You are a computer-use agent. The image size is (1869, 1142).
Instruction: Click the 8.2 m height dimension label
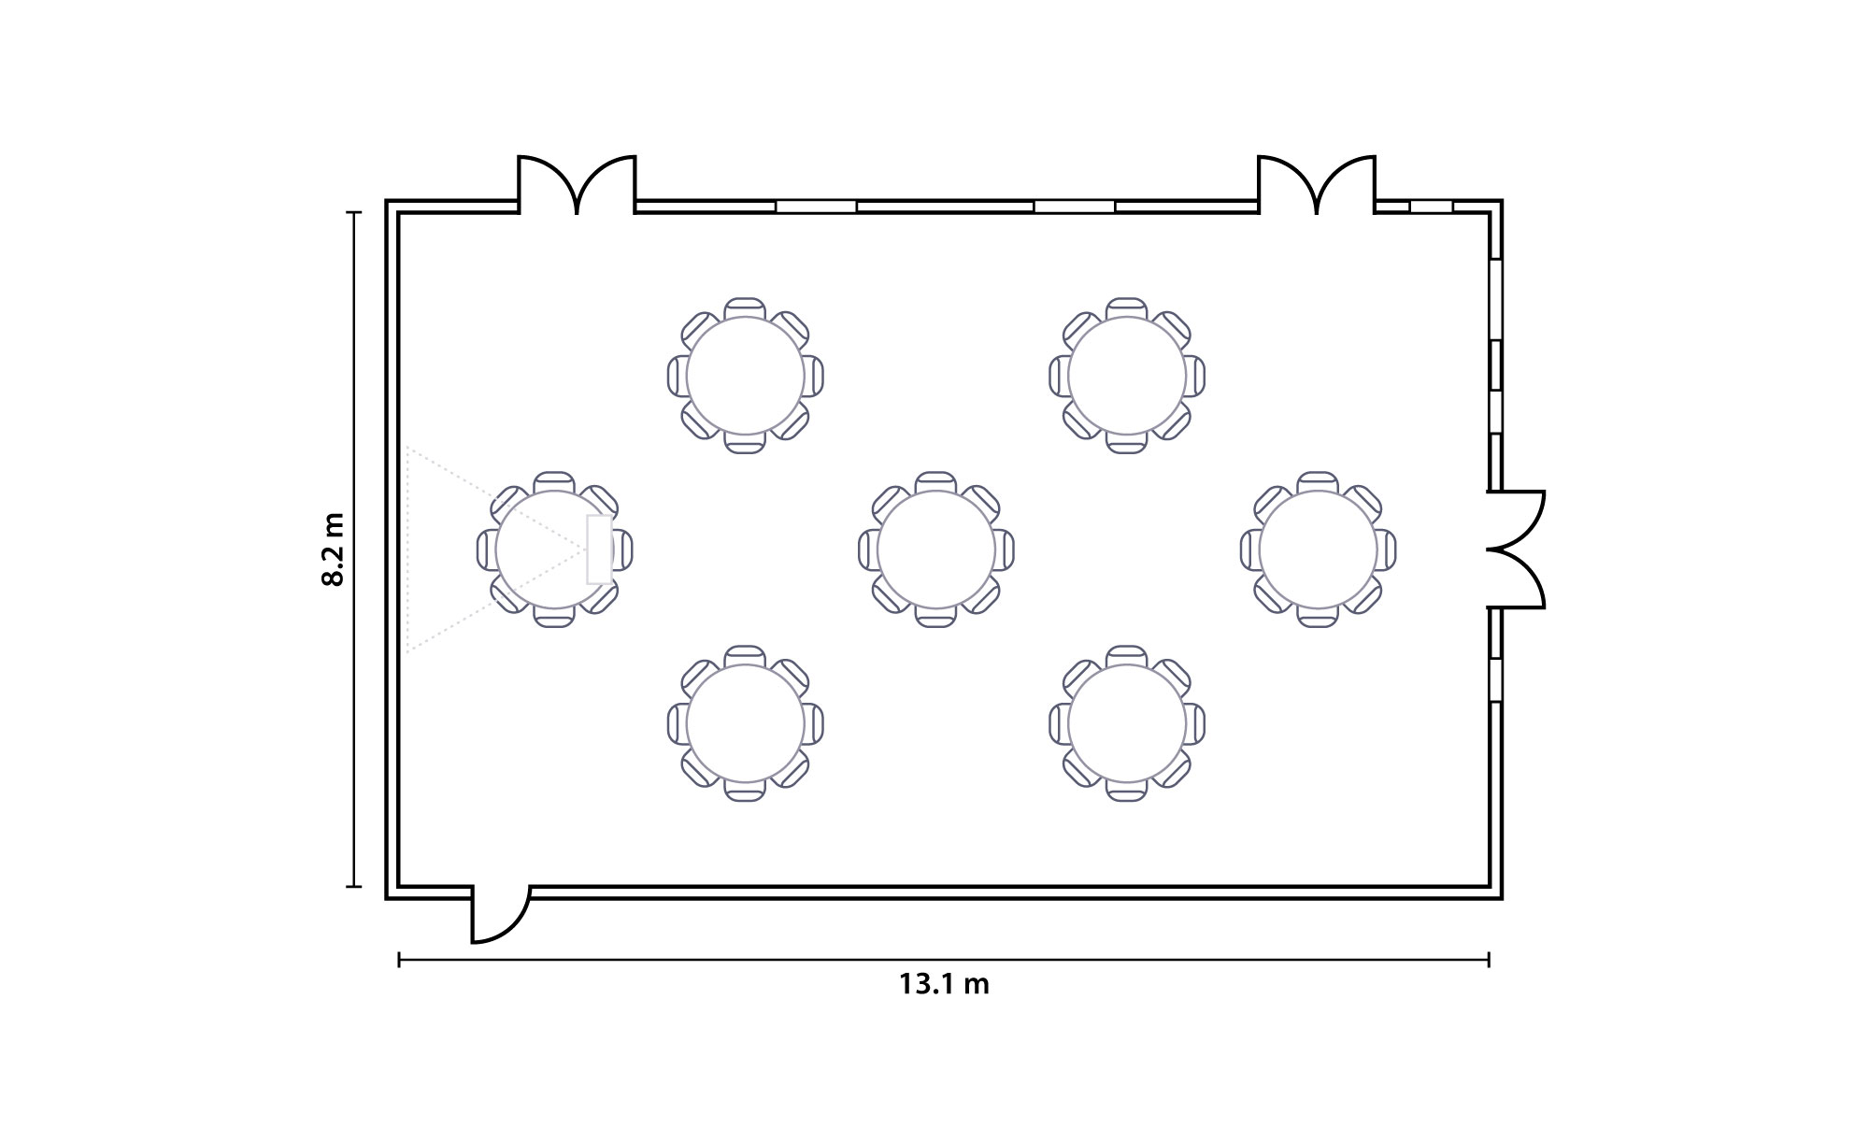pos(333,549)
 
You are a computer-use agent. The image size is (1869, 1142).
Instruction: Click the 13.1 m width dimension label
pos(944,984)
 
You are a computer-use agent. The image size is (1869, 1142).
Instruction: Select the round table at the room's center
pos(936,550)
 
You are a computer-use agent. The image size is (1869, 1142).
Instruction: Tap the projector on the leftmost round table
pos(599,550)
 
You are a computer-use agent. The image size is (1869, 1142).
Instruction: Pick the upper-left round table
pos(746,376)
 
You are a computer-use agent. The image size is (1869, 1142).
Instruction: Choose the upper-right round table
pos(1127,376)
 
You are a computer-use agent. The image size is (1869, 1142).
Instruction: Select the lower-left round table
pos(746,723)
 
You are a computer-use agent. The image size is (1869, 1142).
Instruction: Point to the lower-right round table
pos(1127,723)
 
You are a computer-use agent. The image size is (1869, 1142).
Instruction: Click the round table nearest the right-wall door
pos(1318,550)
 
